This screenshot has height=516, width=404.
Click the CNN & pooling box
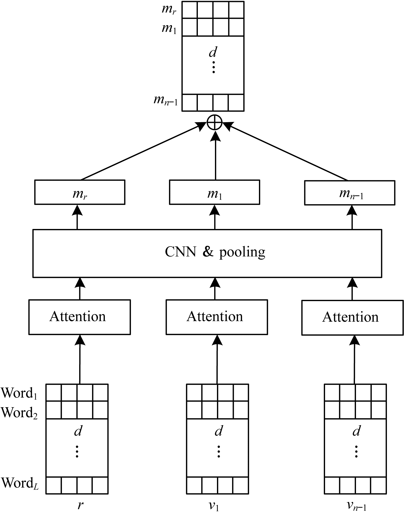pyautogui.click(x=207, y=253)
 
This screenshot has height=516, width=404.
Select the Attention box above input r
pyautogui.click(x=79, y=317)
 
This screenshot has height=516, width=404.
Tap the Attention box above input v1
pyautogui.click(x=216, y=317)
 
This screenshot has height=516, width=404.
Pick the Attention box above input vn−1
pyautogui.click(x=352, y=317)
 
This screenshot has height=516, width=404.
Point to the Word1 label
pyautogui.click(x=19, y=393)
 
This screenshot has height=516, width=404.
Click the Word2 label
pyautogui.click(x=19, y=413)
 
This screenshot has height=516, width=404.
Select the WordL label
pyautogui.click(x=20, y=483)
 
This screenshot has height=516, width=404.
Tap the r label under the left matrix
pyautogui.click(x=80, y=504)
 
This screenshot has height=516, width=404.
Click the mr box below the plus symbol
pyautogui.click(x=80, y=192)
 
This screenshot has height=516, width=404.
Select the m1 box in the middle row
pyautogui.click(x=214, y=192)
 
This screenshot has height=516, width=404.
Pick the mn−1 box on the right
pyautogui.click(x=349, y=193)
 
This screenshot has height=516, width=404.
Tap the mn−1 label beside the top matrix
pyautogui.click(x=165, y=101)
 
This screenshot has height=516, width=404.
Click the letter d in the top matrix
pyautogui.click(x=213, y=52)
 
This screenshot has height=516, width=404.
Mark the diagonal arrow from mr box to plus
pyautogui.click(x=141, y=152)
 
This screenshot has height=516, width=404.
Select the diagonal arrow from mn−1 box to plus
pyautogui.click(x=287, y=152)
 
